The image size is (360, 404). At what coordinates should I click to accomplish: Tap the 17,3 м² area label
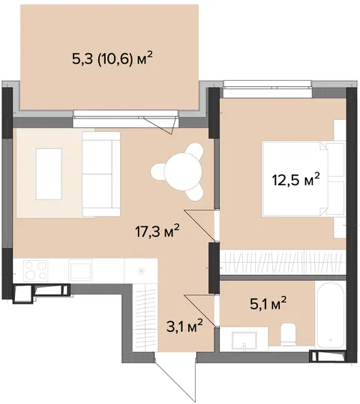pos(157,232)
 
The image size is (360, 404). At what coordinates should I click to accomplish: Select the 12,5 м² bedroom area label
pos(296,180)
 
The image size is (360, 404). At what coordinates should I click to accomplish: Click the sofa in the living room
pos(101,174)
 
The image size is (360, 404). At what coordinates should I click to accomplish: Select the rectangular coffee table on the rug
pos(49,174)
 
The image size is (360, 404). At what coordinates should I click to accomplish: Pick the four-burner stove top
pos(35,271)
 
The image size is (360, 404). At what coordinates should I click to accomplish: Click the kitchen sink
pos(80,270)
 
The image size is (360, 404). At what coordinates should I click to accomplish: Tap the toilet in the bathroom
pos(288,334)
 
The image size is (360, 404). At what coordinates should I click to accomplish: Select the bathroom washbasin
pos(244,341)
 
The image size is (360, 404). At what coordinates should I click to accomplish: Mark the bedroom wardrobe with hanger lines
pos(283,262)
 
